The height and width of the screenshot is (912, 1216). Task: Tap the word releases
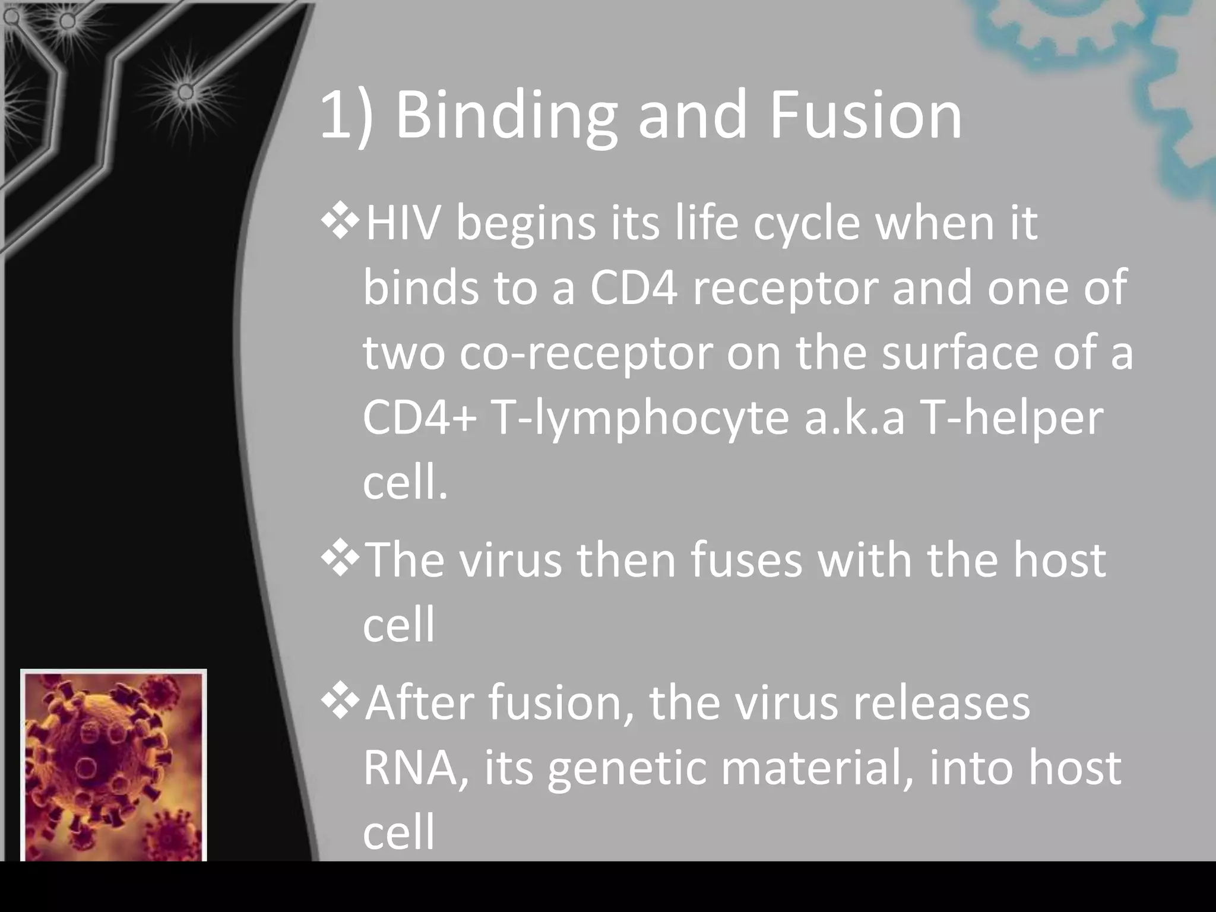tap(940, 704)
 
